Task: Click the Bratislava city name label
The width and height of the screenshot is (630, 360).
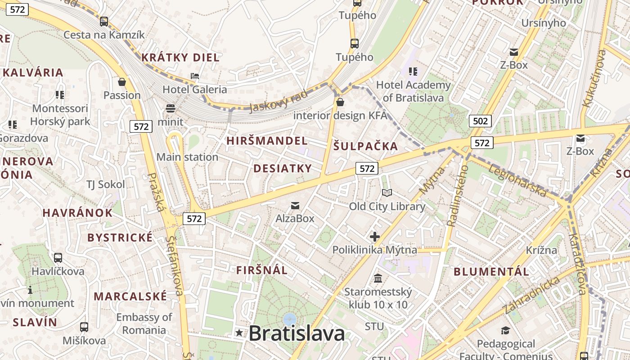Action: tap(297, 333)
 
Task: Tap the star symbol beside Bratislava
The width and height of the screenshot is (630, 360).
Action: tap(239, 333)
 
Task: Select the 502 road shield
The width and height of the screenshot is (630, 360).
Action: tap(480, 121)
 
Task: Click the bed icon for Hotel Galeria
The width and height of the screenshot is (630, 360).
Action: tap(195, 76)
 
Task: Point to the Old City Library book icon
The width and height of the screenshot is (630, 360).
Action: tap(387, 193)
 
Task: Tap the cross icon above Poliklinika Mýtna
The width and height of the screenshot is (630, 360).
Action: tap(374, 237)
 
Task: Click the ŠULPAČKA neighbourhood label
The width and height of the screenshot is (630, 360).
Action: tap(365, 146)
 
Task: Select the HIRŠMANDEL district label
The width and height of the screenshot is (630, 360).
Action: tap(267, 141)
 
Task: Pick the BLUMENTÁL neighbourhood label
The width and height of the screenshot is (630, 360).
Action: tap(491, 271)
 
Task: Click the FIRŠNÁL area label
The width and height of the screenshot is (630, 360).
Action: tap(261, 270)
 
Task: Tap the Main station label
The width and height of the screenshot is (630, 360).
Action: tap(187, 157)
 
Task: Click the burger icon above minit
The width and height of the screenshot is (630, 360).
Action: tap(170, 108)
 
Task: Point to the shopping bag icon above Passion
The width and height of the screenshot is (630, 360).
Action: tap(121, 82)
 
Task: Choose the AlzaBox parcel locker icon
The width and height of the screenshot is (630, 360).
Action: tap(295, 206)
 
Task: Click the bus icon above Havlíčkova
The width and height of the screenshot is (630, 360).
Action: tap(58, 258)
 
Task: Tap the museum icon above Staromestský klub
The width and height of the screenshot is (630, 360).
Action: tap(378, 279)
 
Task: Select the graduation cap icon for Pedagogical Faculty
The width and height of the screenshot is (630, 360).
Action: tap(505, 331)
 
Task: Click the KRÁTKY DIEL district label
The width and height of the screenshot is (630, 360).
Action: tap(180, 58)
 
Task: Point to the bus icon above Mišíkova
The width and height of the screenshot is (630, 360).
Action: tap(84, 327)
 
